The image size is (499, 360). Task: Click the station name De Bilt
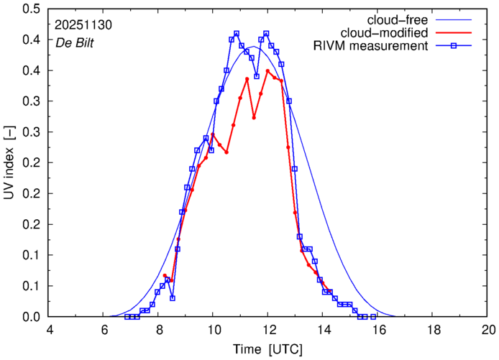[x=75, y=42]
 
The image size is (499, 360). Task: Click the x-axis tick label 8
[x=158, y=329]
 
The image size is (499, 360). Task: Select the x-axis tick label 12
[x=267, y=329]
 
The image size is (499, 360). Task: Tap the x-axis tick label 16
[x=378, y=329]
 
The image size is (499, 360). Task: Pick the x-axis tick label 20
[x=489, y=329]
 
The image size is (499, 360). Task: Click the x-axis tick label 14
[x=323, y=329]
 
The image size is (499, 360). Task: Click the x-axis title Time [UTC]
[x=267, y=349]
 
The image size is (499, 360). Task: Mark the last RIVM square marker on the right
[x=372, y=317]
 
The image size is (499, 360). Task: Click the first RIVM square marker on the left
[x=127, y=317]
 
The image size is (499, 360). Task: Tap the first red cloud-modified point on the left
[x=165, y=275]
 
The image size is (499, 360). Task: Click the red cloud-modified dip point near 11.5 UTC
[x=254, y=117]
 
